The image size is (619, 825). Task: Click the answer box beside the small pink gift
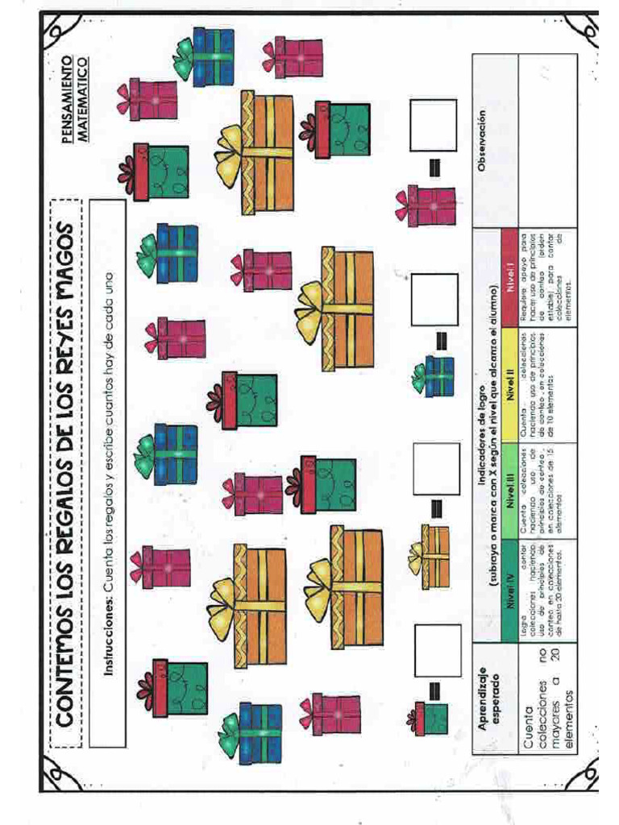click(x=433, y=125)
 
